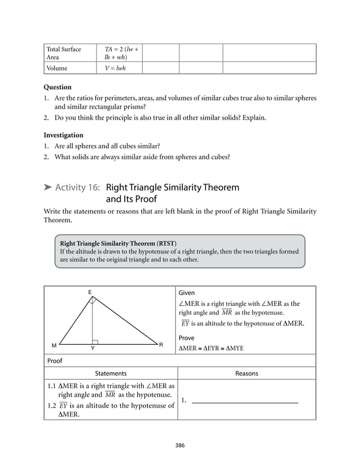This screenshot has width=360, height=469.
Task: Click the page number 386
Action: pyautogui.click(x=180, y=445)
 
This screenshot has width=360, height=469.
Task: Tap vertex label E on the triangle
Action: pyautogui.click(x=89, y=292)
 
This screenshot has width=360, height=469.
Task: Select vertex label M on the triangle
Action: pyautogui.click(x=54, y=344)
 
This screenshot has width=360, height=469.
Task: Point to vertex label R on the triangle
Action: pyautogui.click(x=161, y=344)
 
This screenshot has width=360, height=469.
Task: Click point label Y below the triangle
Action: pyautogui.click(x=93, y=349)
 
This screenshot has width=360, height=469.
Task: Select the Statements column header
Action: pyautogui.click(x=111, y=374)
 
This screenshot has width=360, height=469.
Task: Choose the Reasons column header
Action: pyautogui.click(x=247, y=374)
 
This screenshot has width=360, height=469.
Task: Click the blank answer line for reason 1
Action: pyautogui.click(x=245, y=401)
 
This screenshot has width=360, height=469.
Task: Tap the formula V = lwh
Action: pyautogui.click(x=115, y=68)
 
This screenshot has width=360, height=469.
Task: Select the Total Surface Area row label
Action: pyautogui.click(x=64, y=53)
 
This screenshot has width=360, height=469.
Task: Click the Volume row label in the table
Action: pyautogui.click(x=58, y=68)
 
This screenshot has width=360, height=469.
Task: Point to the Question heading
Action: pyautogui.click(x=58, y=87)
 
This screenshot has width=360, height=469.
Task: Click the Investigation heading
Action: pyautogui.click(x=63, y=135)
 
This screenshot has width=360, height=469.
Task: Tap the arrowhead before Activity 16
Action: pyautogui.click(x=49, y=187)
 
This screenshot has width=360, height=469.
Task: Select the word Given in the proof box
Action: pyautogui.click(x=187, y=293)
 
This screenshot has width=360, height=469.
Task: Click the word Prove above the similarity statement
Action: pyautogui.click(x=187, y=338)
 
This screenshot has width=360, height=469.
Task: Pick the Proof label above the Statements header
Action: pyautogui.click(x=55, y=361)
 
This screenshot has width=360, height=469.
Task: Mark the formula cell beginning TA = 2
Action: pyautogui.click(x=121, y=53)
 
